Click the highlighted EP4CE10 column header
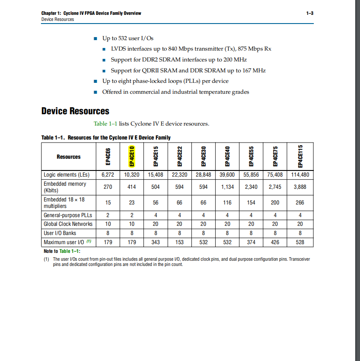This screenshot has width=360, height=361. tap(132, 157)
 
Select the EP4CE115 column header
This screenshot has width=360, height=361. tap(300, 157)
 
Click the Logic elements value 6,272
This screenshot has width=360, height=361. tap(108, 175)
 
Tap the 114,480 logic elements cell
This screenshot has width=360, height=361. tap(300, 175)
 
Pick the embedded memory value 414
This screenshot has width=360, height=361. tap(132, 187)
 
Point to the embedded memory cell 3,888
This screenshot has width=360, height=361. tap(300, 187)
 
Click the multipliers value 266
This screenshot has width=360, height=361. tap(300, 203)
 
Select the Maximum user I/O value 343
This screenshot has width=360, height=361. tap(156, 242)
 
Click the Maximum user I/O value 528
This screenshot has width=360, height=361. tap(300, 242)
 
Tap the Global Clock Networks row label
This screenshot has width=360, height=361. tap(68, 224)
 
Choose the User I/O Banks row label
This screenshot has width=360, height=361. tap(60, 233)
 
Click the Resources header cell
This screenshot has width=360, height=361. tap(68, 157)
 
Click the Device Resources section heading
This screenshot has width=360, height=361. tap(75, 111)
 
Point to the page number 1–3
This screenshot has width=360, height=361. tap(310, 14)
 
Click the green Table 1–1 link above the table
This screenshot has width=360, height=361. tap(105, 124)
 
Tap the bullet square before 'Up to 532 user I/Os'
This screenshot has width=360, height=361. tap(95, 38)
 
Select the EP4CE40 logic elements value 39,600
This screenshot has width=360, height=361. tap(228, 175)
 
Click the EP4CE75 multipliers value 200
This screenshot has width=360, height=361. tap(275, 203)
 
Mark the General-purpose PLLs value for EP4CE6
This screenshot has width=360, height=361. tap(108, 215)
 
